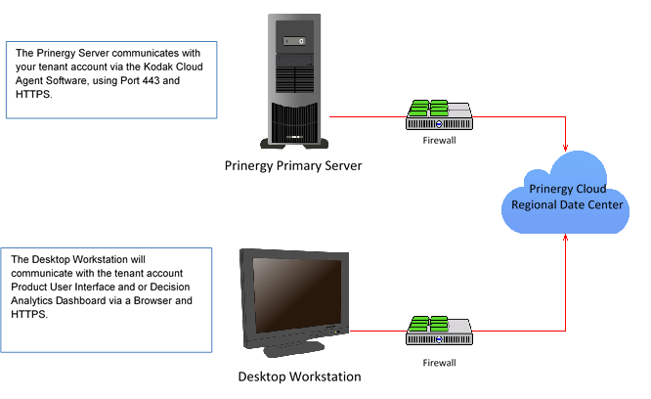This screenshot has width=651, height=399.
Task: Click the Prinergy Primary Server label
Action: point(293,165)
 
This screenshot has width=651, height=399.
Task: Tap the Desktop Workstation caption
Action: point(299,377)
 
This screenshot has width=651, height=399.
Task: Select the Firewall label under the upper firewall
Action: point(439,141)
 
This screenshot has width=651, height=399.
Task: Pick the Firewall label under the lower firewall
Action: point(439,363)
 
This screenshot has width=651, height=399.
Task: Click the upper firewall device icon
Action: point(439,115)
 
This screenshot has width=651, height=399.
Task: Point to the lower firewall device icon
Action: point(439,331)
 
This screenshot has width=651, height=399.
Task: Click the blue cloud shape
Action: point(566,193)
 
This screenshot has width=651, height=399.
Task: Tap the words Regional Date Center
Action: point(567,204)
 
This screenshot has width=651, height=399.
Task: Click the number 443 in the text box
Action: point(152,80)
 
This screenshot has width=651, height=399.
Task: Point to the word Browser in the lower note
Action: point(152,300)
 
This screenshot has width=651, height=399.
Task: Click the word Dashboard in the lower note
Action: point(81,300)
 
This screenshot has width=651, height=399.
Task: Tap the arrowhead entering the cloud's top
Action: point(565,148)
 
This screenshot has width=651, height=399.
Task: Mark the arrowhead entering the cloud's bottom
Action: point(565,238)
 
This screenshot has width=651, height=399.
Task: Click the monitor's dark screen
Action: point(297,295)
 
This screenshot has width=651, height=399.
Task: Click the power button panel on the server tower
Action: point(294,41)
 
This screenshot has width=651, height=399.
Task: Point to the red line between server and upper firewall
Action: point(368,117)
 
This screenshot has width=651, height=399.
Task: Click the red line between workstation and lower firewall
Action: point(378,332)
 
